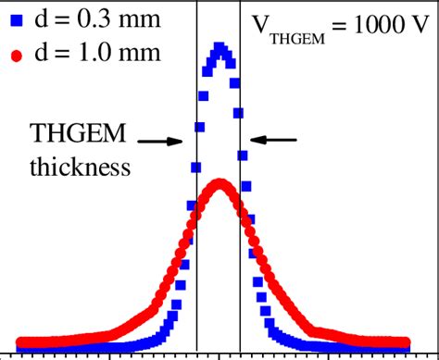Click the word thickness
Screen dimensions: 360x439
74,168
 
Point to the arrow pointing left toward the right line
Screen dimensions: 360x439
275,140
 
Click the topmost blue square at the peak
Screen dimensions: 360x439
219,46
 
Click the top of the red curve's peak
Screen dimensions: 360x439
219,183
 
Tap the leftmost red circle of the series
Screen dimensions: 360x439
21,341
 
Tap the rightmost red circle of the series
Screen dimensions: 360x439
406,341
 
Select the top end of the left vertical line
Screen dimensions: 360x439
197,3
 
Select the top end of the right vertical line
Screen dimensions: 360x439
241,3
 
